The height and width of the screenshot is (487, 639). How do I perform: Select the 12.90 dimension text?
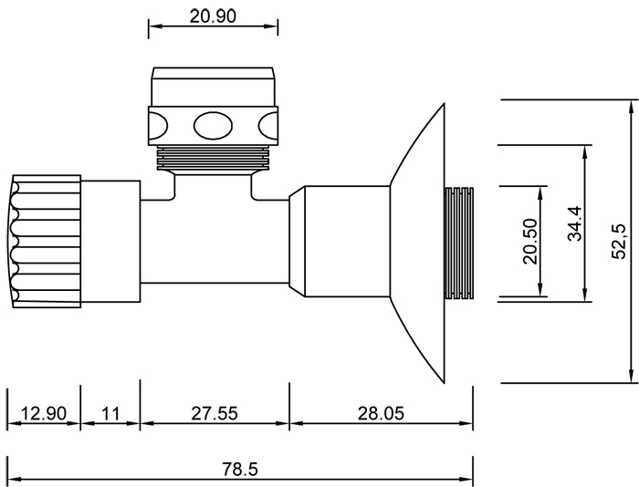click(43, 413)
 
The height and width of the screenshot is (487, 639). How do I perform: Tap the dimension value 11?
click(110, 413)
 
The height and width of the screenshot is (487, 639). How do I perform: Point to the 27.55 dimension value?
click(215, 413)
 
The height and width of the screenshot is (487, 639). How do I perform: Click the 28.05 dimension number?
click(381, 413)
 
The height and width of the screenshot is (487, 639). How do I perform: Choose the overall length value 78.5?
click(240, 469)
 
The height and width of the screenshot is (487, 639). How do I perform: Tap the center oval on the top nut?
click(213, 124)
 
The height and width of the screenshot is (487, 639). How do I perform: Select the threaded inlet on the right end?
click(458, 243)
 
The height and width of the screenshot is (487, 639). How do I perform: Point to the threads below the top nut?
click(213, 158)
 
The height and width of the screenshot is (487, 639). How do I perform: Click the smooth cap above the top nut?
click(213, 86)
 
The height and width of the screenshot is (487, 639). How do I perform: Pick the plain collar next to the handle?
click(110, 242)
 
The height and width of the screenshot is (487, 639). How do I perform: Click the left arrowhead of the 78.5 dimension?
click(13, 480)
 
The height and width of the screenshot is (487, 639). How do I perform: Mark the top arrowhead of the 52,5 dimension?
click(630, 109)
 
